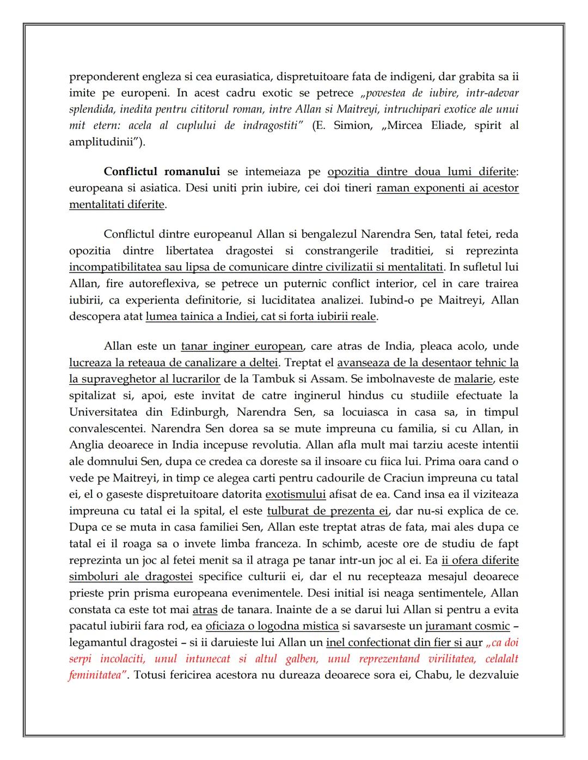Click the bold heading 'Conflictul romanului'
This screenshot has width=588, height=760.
[x=162, y=172]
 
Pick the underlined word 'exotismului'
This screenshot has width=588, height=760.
[x=295, y=495]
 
